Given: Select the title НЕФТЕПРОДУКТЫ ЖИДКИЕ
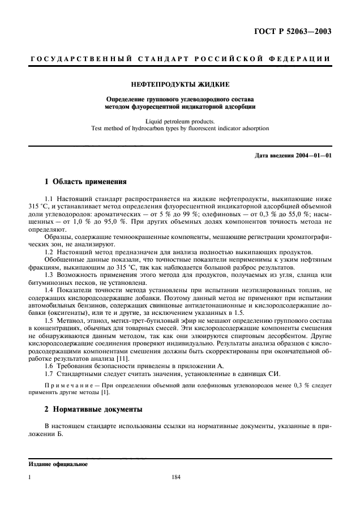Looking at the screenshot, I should (x=180, y=84).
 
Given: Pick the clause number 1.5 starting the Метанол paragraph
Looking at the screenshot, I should (x=49, y=321).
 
